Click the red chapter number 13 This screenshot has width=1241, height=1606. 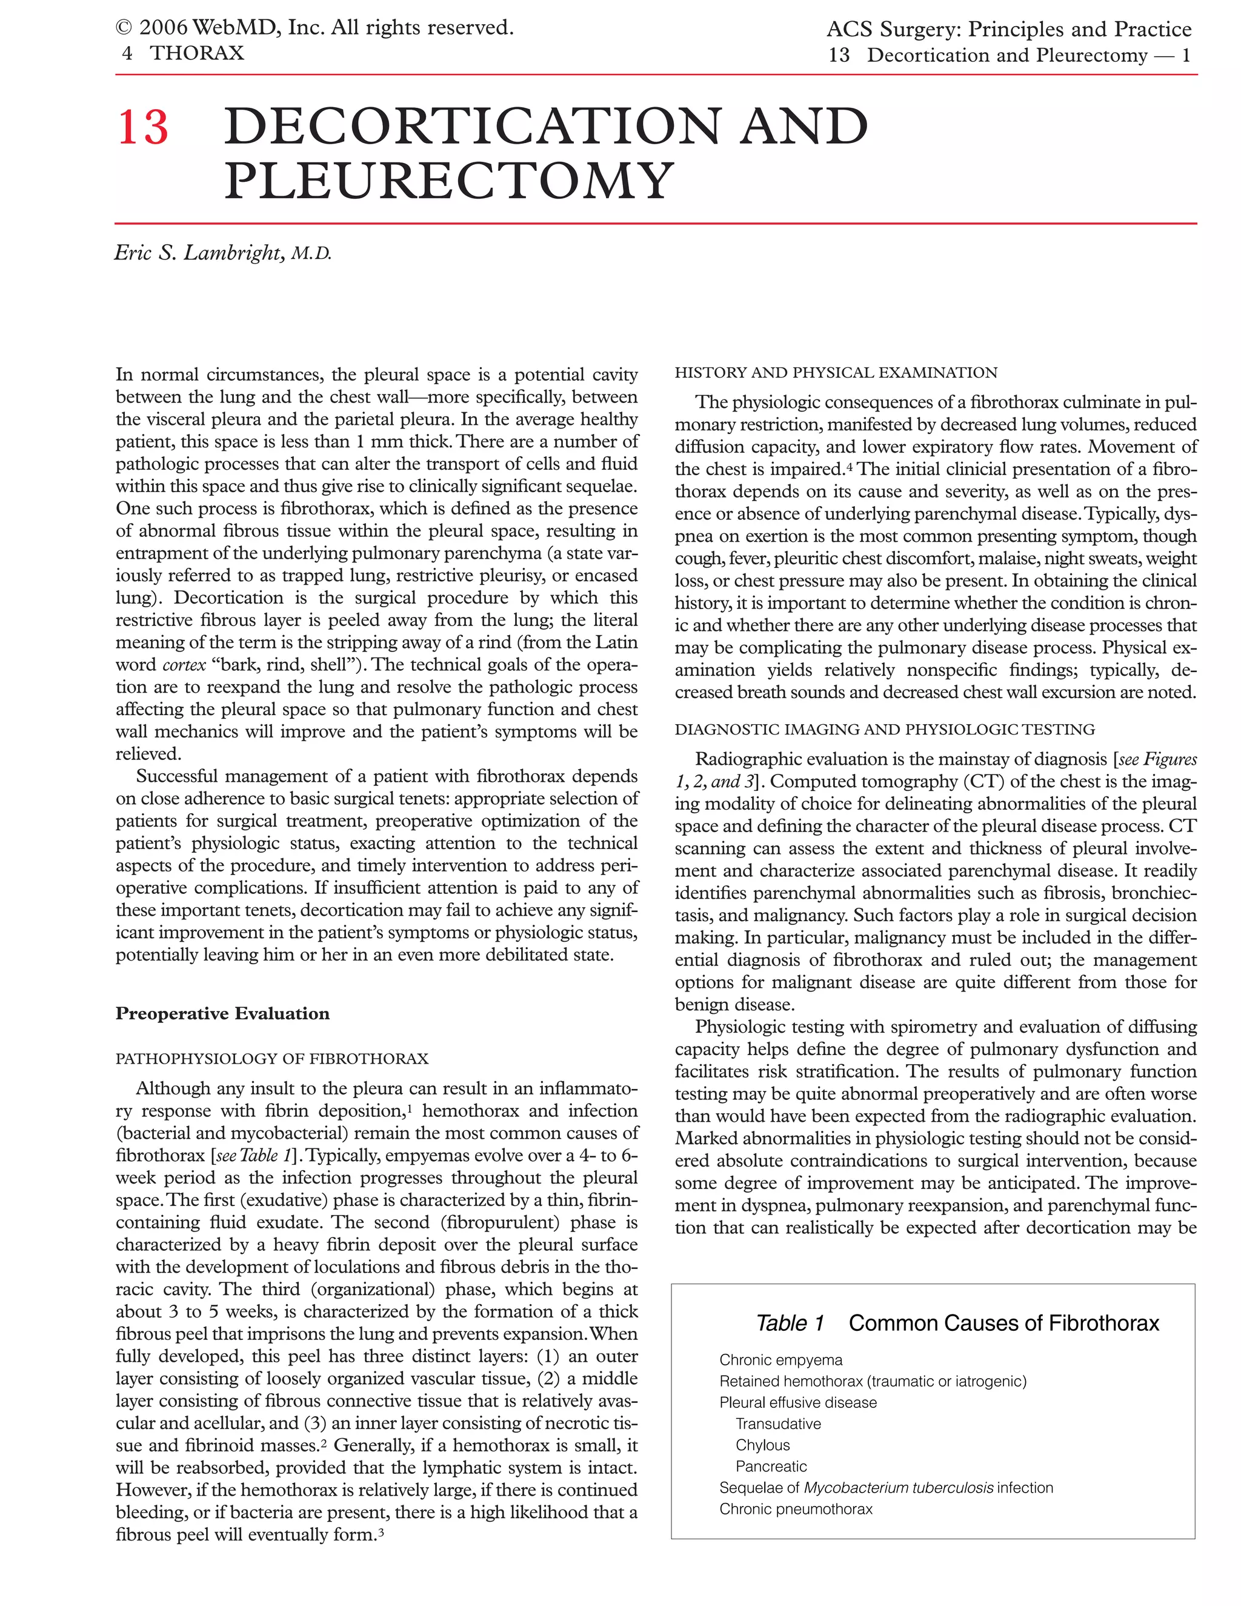coord(142,127)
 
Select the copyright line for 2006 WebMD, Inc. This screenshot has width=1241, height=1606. coord(314,28)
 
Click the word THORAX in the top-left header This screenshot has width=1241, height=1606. coord(196,53)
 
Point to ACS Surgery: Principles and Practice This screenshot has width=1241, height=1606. coord(1009,30)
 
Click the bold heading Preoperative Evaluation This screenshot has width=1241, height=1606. coord(222,1013)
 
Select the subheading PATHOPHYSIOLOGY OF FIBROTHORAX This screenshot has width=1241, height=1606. coord(271,1059)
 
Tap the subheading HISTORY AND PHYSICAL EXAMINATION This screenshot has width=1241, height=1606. coord(836,373)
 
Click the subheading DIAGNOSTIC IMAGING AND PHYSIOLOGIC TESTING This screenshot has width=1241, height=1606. coord(885,730)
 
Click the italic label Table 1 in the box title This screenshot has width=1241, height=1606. coord(790,1324)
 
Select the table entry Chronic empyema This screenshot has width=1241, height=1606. coord(780,1361)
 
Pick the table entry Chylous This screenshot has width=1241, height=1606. coord(762,1445)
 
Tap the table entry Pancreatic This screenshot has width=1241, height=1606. coord(771,1466)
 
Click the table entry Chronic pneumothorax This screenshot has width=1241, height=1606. coord(796,1509)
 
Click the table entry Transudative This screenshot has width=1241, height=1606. coord(778,1424)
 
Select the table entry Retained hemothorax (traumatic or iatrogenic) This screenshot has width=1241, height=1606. coord(873,1382)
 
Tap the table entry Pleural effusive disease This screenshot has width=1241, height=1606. coord(797,1402)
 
